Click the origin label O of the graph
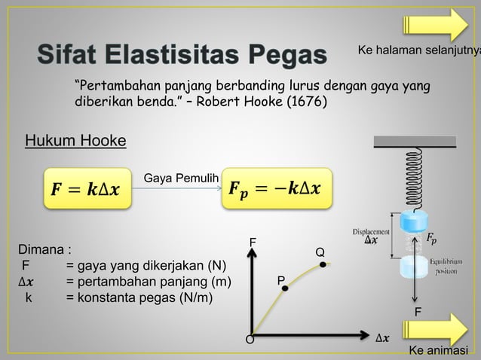[250, 340]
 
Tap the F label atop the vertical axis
[253, 242]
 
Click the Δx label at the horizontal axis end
[383, 337]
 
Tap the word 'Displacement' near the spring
[371, 231]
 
